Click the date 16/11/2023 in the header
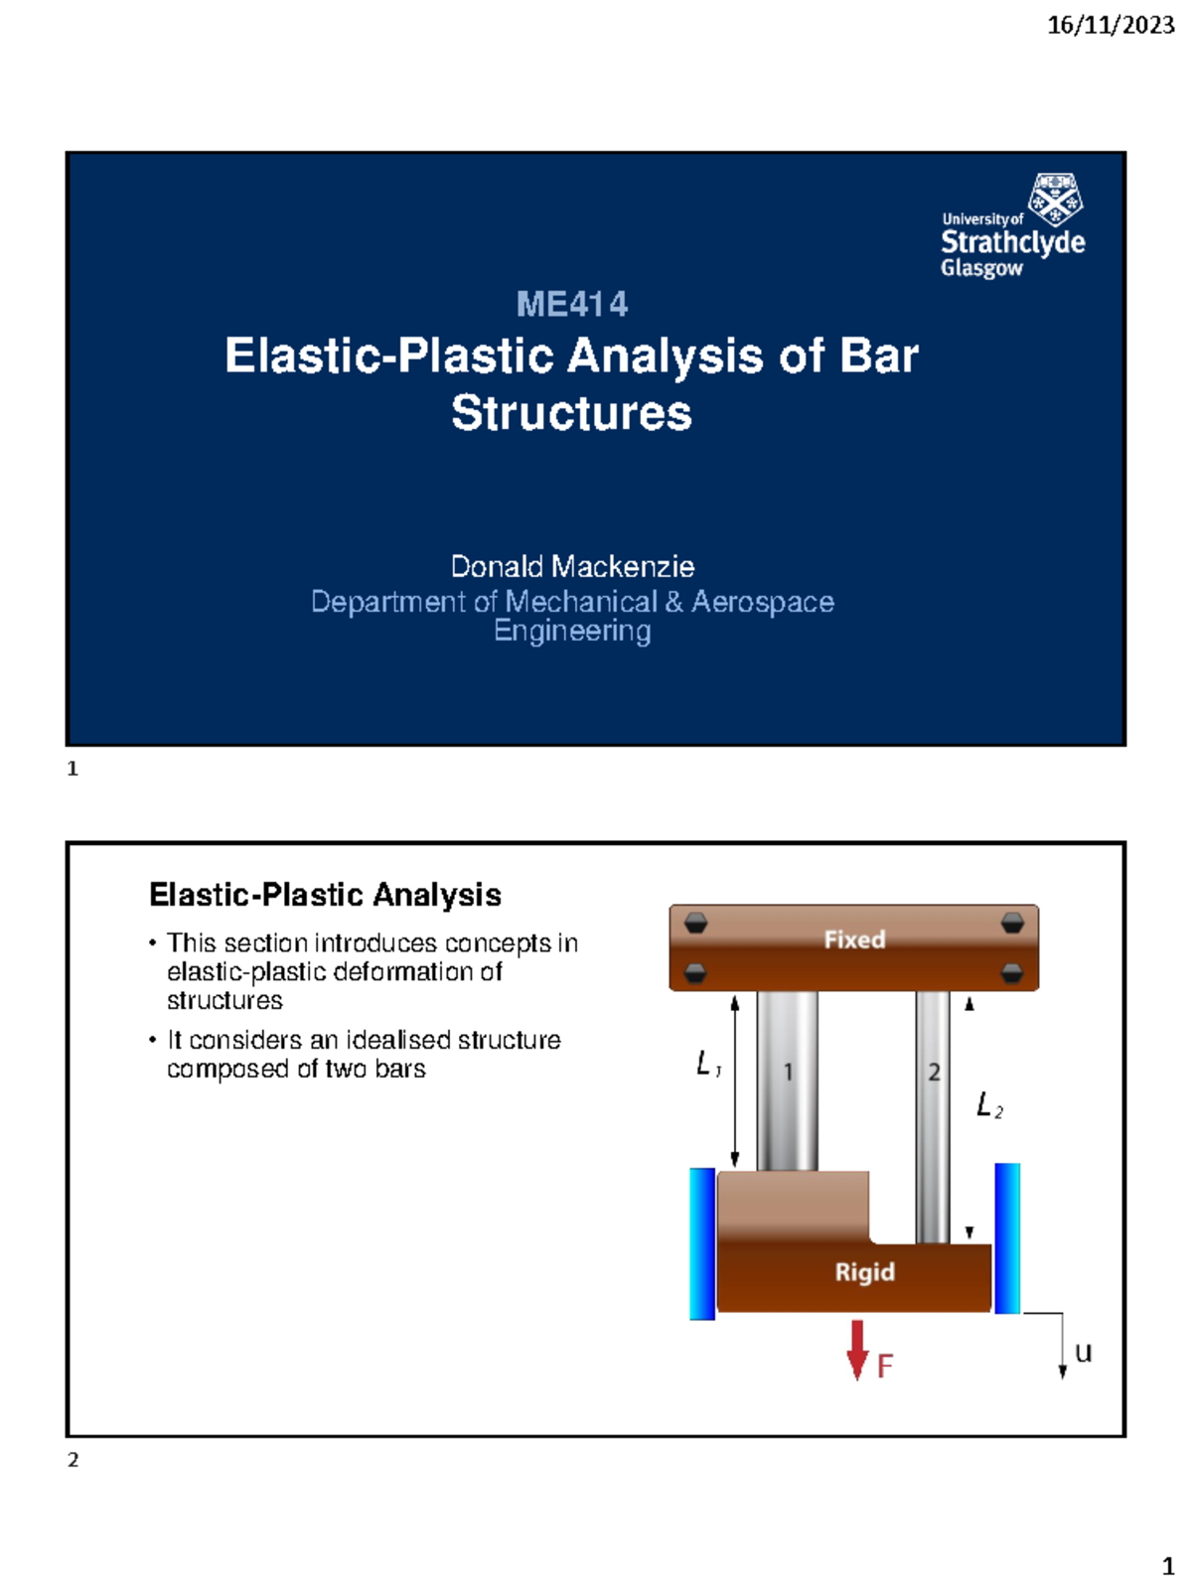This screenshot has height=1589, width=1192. pyautogui.click(x=1111, y=26)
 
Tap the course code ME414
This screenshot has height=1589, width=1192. pyautogui.click(x=572, y=304)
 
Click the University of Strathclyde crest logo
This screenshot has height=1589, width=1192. pyautogui.click(x=1055, y=199)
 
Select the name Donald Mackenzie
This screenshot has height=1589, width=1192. pyautogui.click(x=572, y=566)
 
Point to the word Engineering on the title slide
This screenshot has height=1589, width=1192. pyautogui.click(x=572, y=631)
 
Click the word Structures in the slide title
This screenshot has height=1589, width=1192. pyautogui.click(x=571, y=412)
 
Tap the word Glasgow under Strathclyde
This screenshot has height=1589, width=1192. pyautogui.click(x=981, y=268)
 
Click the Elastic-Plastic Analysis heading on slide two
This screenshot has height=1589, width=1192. pyautogui.click(x=325, y=895)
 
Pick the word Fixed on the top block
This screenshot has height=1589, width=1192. pyautogui.click(x=854, y=939)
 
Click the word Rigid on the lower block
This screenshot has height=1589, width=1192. pyautogui.click(x=864, y=1271)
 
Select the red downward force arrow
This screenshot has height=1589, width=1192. pyautogui.click(x=857, y=1350)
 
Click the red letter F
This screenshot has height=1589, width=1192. pyautogui.click(x=884, y=1367)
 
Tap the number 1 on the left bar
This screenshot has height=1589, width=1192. pyautogui.click(x=788, y=1073)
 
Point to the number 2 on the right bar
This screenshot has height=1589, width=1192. pyautogui.click(x=934, y=1073)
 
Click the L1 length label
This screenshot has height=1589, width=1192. pyautogui.click(x=707, y=1065)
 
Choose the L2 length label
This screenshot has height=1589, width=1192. pyautogui.click(x=988, y=1105)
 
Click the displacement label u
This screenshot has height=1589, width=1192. pyautogui.click(x=1083, y=1353)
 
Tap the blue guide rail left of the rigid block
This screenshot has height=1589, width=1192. pyautogui.click(x=701, y=1243)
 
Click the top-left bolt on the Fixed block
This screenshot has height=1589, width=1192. pyautogui.click(x=695, y=923)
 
